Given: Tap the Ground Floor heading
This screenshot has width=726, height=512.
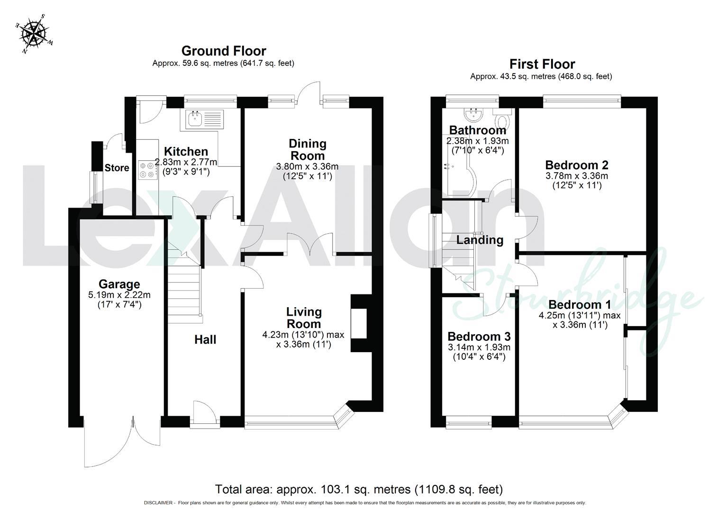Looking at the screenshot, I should [224, 51].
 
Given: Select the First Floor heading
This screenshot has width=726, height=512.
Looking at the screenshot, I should [542, 64].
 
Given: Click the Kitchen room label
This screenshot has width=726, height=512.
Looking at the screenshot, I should [186, 152].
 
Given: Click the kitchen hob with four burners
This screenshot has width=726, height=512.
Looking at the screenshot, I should [148, 170].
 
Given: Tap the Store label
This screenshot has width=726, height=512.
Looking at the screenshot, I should [117, 168].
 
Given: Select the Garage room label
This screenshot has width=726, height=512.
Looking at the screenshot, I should [119, 284].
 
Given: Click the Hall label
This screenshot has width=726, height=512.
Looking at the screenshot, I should [205, 339].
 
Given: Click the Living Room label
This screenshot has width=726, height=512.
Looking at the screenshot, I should [304, 318].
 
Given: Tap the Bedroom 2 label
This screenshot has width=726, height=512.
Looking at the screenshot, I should [577, 165].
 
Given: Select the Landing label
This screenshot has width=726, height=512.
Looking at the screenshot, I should [480, 240].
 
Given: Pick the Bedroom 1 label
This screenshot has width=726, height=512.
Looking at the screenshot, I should [579, 304].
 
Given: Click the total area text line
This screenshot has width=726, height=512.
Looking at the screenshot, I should [359, 489].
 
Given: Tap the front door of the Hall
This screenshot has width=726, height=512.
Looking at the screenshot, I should [205, 412].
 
